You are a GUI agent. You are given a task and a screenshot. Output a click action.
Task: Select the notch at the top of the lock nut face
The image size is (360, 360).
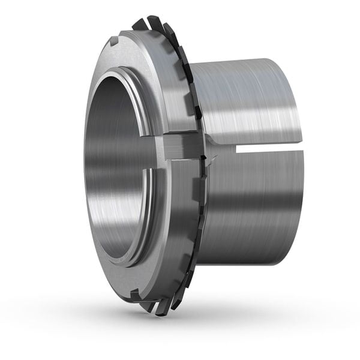coord(115,43)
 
